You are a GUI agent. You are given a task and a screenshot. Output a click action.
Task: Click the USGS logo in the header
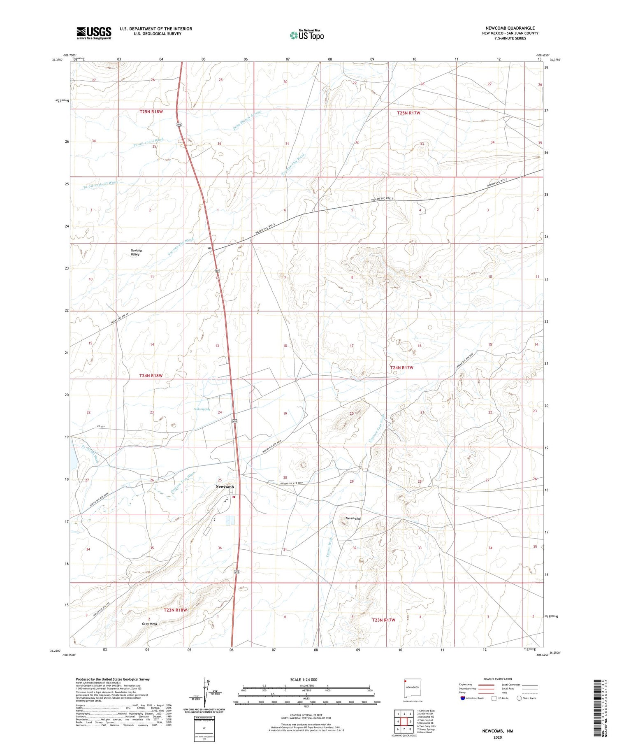[x=94, y=33]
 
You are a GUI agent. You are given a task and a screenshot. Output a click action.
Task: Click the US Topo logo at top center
[x=306, y=35]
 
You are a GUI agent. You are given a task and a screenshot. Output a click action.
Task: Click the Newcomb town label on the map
[x=225, y=487]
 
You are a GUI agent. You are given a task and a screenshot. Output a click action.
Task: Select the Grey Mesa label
[x=150, y=623]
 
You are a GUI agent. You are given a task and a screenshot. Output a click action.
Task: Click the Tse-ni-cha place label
[x=353, y=518]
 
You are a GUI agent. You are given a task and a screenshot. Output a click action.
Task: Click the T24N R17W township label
[x=401, y=367]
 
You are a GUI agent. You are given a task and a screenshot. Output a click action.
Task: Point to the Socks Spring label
[x=202, y=409]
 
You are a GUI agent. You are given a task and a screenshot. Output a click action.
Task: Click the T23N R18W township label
[x=175, y=610]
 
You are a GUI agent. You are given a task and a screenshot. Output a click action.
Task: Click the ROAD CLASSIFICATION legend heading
[x=497, y=679]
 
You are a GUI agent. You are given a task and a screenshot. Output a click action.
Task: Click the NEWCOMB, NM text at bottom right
[x=498, y=731]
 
